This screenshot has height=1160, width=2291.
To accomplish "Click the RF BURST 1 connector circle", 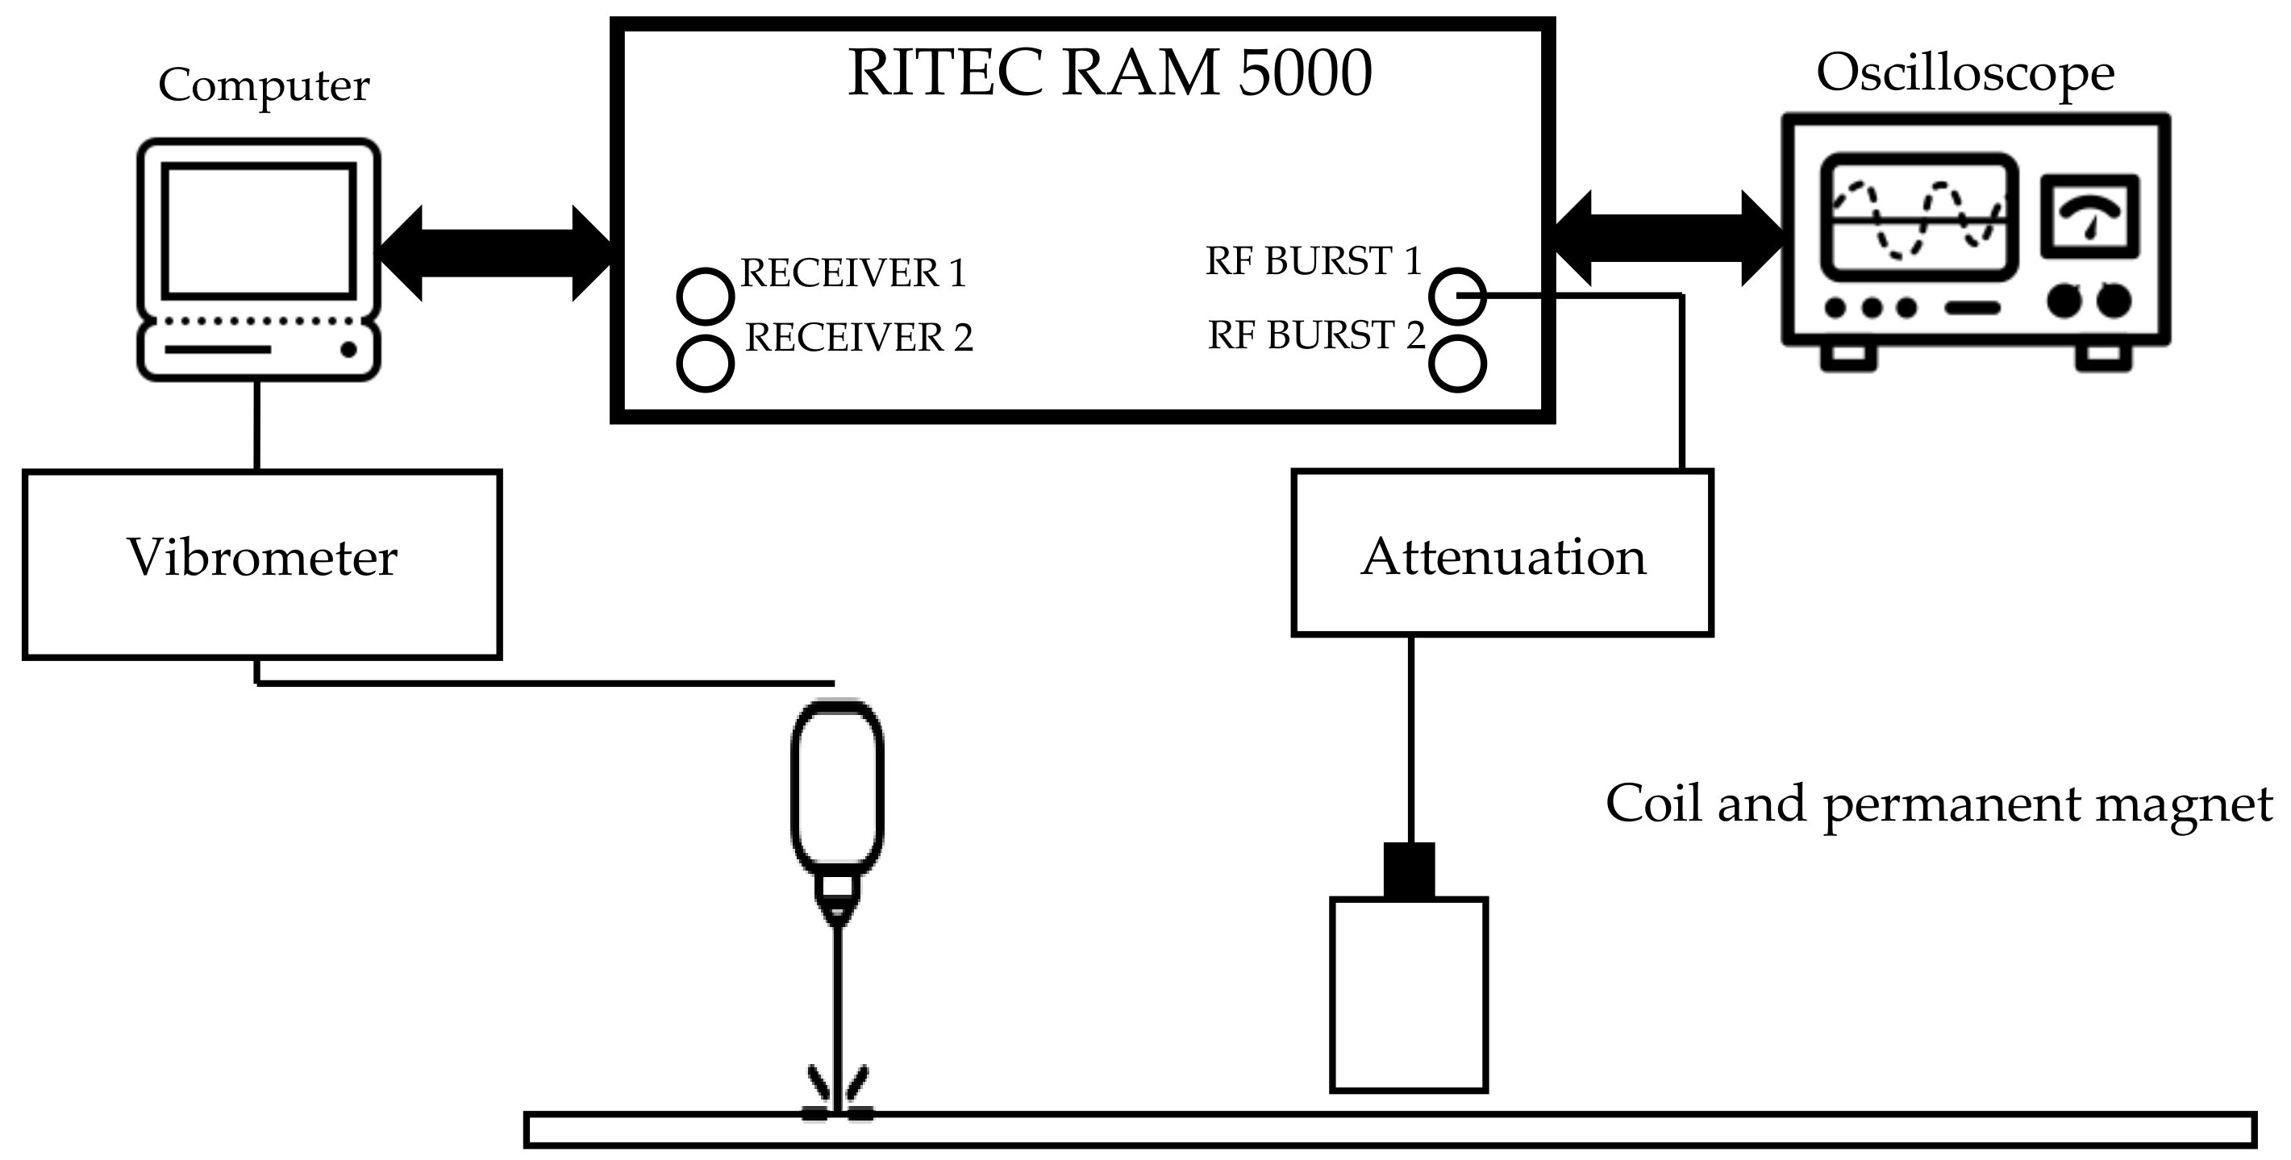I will (x=1457, y=295).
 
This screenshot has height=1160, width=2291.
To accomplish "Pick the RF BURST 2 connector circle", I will (x=1457, y=364).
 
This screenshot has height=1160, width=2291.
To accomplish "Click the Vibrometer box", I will (x=261, y=564).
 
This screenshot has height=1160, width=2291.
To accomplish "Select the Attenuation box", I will (x=1502, y=553).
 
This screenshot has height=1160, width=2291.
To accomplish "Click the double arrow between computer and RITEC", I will (x=495, y=253).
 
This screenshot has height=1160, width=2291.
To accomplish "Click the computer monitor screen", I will (x=257, y=229).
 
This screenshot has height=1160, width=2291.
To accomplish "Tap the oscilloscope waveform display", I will (x=1918, y=218).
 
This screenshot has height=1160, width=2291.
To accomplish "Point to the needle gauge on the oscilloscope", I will (x=2089, y=216).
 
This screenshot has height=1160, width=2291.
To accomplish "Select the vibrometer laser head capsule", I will (x=837, y=787).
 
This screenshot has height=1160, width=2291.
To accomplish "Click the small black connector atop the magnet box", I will (x=1409, y=869).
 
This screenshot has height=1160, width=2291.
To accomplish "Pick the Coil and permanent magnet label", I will (x=1939, y=805).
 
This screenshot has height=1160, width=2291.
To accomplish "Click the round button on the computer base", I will (x=348, y=349).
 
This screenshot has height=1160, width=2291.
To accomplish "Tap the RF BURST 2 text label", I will (x=1315, y=335).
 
